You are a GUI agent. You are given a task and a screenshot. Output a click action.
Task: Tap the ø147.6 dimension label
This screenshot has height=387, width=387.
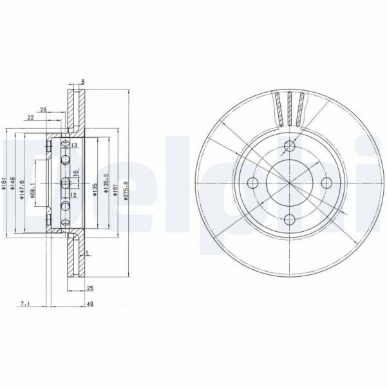click(x=21, y=189)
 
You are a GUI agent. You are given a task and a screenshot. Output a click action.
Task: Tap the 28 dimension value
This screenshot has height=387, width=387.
click(x=42, y=109)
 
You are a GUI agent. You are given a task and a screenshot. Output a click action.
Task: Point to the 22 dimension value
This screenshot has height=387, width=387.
click(x=30, y=117)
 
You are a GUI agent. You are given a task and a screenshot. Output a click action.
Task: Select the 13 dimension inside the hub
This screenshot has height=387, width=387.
click(x=74, y=146)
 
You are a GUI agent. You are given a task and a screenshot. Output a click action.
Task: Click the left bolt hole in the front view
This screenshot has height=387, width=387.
click(x=252, y=182)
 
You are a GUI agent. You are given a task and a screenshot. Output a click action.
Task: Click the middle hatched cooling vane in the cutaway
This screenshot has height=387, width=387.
click(x=289, y=108)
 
